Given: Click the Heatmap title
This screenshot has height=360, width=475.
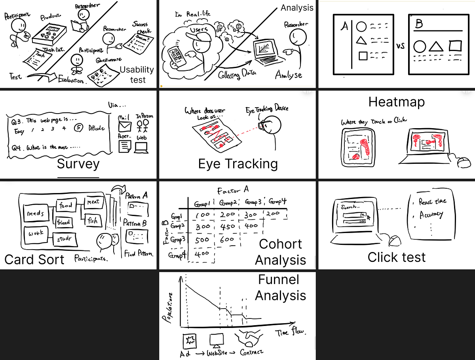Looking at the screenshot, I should click(x=396, y=102).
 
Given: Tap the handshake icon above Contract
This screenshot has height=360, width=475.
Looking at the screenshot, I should click(x=248, y=337).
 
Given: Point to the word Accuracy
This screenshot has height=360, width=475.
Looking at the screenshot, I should click(x=431, y=215).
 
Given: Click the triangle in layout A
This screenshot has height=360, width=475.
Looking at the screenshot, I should click(x=361, y=40).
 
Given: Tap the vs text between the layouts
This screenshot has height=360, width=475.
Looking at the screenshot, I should click(x=400, y=46).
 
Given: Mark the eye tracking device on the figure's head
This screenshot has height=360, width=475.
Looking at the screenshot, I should click(x=261, y=125).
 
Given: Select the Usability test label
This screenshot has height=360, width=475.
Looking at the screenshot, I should click(x=137, y=74).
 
